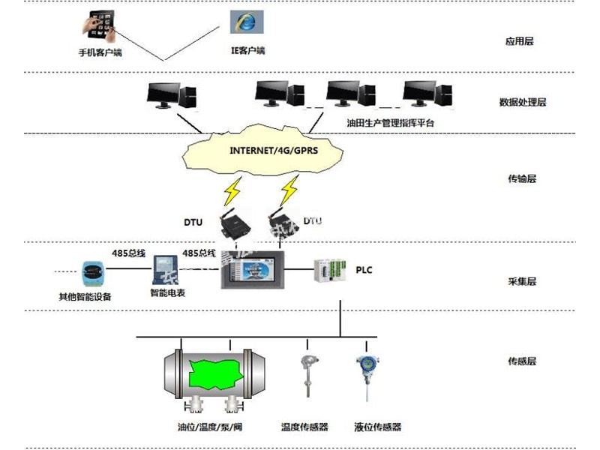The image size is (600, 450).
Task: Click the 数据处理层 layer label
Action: tap(523, 102)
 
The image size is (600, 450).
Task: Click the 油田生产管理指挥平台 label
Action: tap(390, 122)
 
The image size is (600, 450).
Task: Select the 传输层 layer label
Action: tap(522, 178)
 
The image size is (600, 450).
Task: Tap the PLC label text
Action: tap(364, 268)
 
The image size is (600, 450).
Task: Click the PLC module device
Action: tap(331, 270)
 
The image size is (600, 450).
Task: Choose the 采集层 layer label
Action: tap(522, 282)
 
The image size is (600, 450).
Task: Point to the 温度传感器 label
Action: tap(304, 427)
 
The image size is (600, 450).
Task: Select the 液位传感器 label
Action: tap(378, 427)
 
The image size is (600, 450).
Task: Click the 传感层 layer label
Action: tap(522, 361)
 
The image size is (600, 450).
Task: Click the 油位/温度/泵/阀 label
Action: tap(210, 427)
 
